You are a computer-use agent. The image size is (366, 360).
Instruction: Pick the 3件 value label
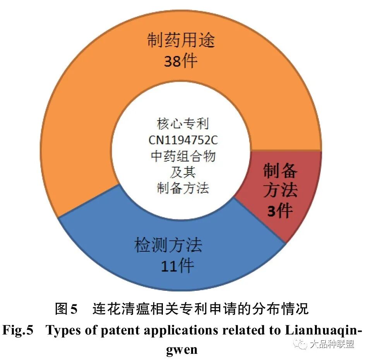[280, 211]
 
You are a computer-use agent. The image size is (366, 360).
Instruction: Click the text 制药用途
[181, 40]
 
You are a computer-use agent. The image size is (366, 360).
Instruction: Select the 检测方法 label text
[168, 245]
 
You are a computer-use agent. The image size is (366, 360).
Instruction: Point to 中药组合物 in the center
[183, 157]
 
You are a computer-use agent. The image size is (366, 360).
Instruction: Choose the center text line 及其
[183, 172]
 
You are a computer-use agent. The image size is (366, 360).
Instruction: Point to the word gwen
[183, 350]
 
